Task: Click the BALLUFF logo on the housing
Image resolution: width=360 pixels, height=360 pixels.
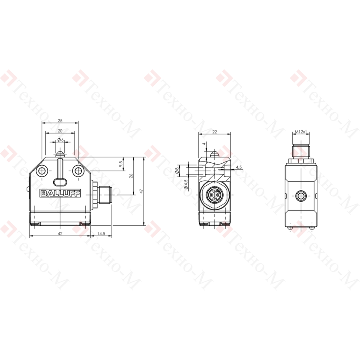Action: (60, 193)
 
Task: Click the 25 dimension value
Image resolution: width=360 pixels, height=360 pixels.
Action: (60, 121)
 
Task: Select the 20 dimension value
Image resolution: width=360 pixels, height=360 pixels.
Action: (60, 131)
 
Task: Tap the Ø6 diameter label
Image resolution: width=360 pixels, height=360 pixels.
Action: (60, 140)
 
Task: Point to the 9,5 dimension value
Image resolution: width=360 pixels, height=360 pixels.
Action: (121, 164)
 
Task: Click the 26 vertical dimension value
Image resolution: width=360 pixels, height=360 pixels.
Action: (131, 176)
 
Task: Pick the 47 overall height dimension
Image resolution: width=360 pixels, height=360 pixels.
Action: (141, 191)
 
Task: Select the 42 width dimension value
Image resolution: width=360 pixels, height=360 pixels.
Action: (60, 234)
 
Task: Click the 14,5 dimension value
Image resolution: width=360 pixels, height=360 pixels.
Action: (101, 234)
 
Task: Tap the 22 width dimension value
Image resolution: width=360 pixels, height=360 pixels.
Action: (215, 131)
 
